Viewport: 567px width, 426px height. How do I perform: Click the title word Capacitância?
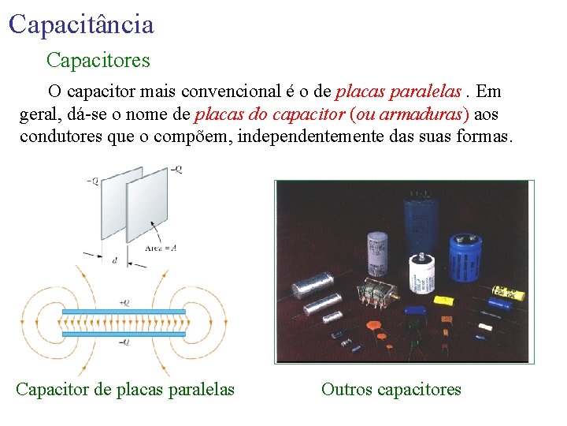pyautogui.click(x=81, y=24)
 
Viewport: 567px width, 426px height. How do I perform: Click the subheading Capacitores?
pyautogui.click(x=98, y=59)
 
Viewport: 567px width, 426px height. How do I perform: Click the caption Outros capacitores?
pyautogui.click(x=391, y=389)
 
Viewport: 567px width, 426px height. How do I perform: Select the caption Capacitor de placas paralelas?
pyautogui.click(x=125, y=389)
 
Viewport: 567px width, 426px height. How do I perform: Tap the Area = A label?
pyautogui.click(x=161, y=247)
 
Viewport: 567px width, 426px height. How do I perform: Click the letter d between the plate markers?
pyautogui.click(x=115, y=260)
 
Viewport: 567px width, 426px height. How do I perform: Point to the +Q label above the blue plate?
pyautogui.click(x=124, y=302)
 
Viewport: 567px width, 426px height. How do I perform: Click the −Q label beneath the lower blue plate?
pyautogui.click(x=124, y=342)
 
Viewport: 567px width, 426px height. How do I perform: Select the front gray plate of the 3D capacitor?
pyautogui.click(x=147, y=204)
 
